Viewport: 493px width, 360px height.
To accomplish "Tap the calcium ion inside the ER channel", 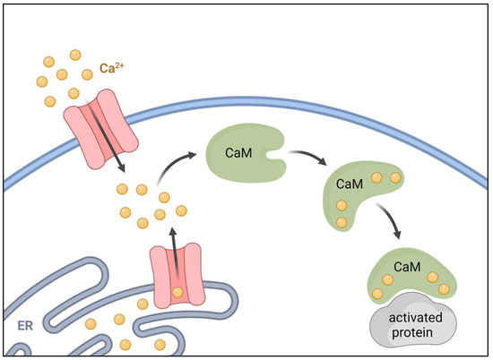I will tap(178, 292).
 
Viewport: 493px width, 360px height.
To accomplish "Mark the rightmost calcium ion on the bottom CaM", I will tap(442, 288).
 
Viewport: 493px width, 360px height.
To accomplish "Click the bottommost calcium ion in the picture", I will tap(125, 344).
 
